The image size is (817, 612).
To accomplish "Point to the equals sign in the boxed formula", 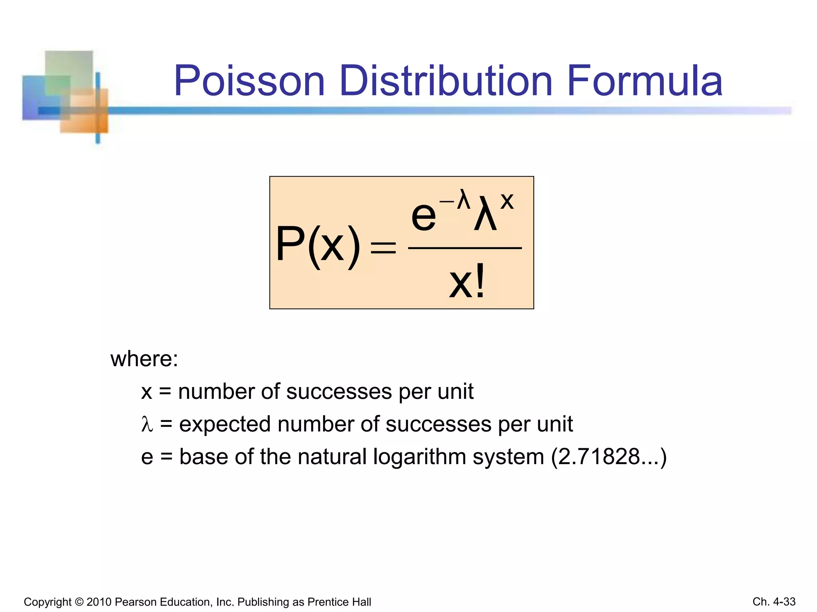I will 383,247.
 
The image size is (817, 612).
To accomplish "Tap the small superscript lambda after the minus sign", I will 464,199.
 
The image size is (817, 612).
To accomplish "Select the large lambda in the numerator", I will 485,213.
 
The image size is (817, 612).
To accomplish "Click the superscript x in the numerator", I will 507,201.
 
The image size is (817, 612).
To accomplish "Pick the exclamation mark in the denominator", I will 480,281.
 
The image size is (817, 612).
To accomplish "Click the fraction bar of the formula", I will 465,248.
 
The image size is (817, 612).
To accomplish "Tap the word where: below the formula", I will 144,359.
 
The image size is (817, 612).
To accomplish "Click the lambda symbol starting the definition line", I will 147,424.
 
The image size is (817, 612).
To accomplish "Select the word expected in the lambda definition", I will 225,424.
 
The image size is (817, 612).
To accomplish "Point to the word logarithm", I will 419,457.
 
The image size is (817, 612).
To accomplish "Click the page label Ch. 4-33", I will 774,602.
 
